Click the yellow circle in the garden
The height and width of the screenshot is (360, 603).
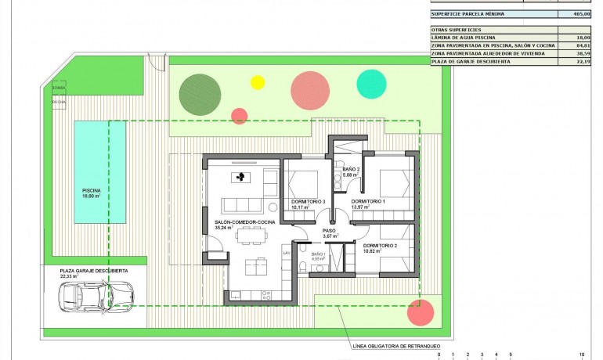click(x=258, y=81)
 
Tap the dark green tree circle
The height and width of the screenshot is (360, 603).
click(x=197, y=93)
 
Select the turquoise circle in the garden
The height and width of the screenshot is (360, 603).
click(x=371, y=84)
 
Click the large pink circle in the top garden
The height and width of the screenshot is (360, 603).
click(x=309, y=90)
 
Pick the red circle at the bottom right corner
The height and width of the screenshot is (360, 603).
click(x=421, y=313)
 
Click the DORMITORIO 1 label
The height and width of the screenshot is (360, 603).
click(x=368, y=202)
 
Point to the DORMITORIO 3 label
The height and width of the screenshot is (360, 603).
click(x=307, y=202)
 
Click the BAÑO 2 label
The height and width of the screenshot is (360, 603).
click(x=351, y=169)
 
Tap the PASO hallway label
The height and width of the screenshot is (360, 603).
click(x=329, y=231)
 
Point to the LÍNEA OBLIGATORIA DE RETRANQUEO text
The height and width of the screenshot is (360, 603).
click(x=396, y=345)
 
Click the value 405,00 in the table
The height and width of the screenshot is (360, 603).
click(x=581, y=14)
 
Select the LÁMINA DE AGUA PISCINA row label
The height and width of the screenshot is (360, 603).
click(x=464, y=37)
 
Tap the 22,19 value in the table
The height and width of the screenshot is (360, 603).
click(x=581, y=61)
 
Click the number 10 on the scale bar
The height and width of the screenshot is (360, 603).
click(x=581, y=354)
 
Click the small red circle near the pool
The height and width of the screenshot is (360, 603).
click(x=240, y=116)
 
